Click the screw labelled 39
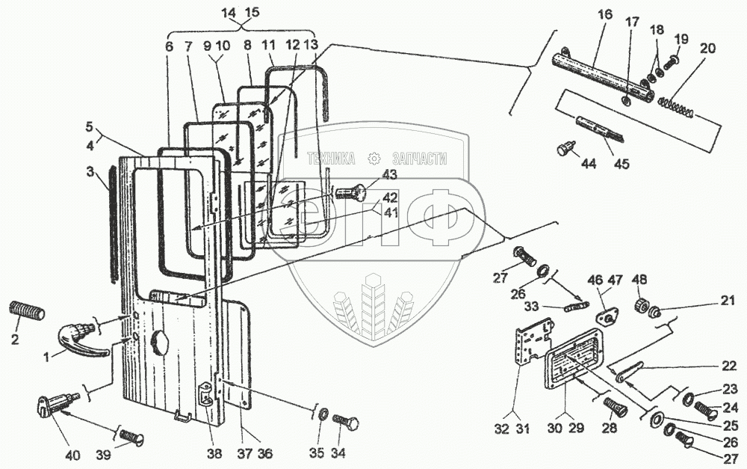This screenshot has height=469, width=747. [130, 436]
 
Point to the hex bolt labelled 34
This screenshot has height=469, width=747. [347, 422]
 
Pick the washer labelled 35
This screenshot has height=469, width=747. [322, 413]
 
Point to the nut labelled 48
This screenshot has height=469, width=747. [640, 304]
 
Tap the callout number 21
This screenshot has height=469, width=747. [728, 301]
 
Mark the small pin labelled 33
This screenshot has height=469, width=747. [576, 306]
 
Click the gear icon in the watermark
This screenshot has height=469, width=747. [375, 159]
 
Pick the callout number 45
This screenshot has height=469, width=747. [622, 164]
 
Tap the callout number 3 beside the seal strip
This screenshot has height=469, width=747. [90, 171]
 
